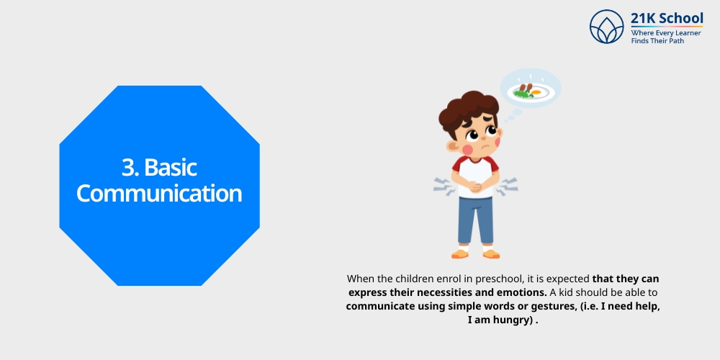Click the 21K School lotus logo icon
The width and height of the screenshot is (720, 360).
(x=606, y=27)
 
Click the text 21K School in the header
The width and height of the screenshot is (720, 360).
(x=667, y=18)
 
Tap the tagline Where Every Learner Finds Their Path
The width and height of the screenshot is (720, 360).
(x=666, y=37)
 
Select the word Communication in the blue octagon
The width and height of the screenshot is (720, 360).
(x=159, y=193)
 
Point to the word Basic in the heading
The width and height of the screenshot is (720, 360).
(x=171, y=167)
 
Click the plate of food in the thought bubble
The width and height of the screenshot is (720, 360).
(x=528, y=91)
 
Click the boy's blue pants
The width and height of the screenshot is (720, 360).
(x=475, y=220)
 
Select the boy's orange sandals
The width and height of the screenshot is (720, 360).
(x=475, y=253)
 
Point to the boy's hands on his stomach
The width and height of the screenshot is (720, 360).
(x=475, y=189)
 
